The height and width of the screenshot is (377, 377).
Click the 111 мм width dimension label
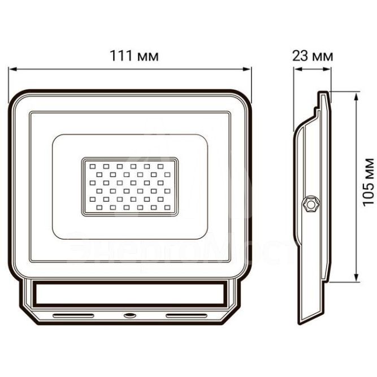(134, 56)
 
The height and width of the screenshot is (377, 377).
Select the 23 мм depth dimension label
(313, 56)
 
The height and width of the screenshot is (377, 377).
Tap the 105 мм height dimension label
(369, 182)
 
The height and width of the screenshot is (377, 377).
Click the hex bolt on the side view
(311, 204)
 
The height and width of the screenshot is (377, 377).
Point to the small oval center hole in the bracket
(130, 315)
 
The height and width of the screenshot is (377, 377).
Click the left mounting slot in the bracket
(73, 315)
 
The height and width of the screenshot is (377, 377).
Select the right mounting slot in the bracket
(187, 315)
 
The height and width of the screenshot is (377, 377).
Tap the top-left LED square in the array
(93, 166)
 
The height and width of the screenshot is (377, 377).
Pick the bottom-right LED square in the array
(167, 207)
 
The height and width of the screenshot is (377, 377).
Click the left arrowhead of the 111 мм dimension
(12, 70)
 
